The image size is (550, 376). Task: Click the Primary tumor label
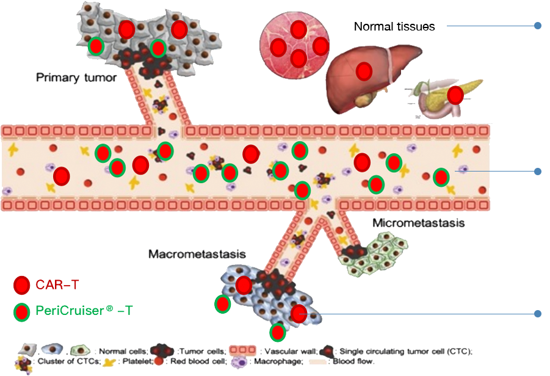coord(76,78)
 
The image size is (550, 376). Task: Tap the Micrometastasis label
coord(418,223)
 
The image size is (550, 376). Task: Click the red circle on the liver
coord(364,71)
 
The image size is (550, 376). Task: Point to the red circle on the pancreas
coord(455,95)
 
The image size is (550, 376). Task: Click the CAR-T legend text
coord(59,284)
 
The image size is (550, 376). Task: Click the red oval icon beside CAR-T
coord(22,285)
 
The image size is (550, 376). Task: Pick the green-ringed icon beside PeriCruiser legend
coord(22,312)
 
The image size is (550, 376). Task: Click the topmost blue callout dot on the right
coord(538,26)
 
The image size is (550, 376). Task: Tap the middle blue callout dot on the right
coord(538,172)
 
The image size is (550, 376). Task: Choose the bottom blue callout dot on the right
coord(538,314)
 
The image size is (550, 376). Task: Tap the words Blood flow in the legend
coord(353,362)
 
